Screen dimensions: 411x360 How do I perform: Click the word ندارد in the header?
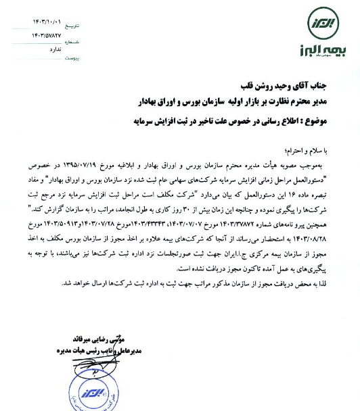click(55, 48)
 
